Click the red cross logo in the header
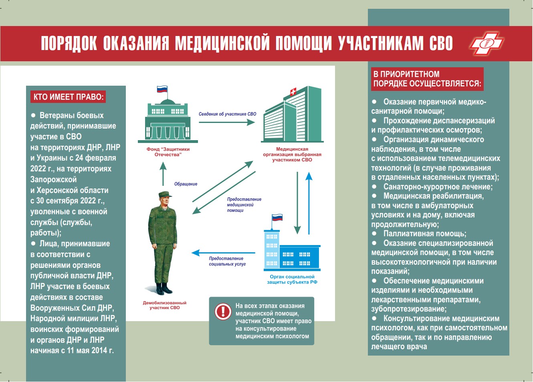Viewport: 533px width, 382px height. [x=487, y=43]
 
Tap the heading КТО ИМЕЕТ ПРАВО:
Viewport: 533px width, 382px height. [x=69, y=97]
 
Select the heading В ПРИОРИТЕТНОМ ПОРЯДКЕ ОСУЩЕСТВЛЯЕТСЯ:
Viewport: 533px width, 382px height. [x=427, y=79]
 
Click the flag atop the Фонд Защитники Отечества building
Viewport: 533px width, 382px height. [x=162, y=89]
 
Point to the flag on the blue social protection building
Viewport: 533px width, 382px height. [x=277, y=218]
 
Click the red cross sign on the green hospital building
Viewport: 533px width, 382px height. [x=293, y=92]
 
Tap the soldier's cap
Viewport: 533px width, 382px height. [x=165, y=195]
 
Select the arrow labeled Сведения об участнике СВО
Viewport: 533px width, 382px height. [x=227, y=122]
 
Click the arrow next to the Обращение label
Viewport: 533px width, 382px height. [x=163, y=173]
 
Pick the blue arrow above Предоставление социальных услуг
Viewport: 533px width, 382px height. [x=223, y=253]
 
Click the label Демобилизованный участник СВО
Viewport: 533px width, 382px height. [x=165, y=305]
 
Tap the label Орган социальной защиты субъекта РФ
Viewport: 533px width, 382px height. [x=292, y=279]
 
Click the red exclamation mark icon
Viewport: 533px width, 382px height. [x=223, y=311]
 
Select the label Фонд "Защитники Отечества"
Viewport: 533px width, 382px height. [x=168, y=152]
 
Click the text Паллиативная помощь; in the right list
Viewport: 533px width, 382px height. [x=424, y=234]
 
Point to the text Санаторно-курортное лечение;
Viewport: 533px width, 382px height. [x=438, y=187]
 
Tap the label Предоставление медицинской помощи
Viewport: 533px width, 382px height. [x=244, y=205]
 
